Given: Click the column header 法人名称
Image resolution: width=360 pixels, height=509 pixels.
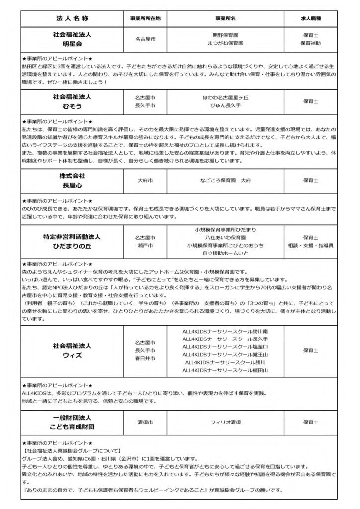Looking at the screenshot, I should (x=72, y=18).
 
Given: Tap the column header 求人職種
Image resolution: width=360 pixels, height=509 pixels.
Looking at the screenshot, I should (x=311, y=18).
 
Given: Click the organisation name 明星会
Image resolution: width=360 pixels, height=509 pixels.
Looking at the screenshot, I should (x=72, y=43).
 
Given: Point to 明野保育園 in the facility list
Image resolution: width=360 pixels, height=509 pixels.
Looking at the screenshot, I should (x=226, y=35).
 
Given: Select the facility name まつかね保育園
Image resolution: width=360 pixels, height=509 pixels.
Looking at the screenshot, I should (x=226, y=43).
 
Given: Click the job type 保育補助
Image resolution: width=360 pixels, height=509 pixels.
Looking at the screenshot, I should (x=311, y=43).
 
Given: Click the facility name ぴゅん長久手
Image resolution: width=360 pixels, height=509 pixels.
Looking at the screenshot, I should (x=226, y=106).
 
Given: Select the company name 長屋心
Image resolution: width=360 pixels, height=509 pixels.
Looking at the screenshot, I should (x=72, y=185).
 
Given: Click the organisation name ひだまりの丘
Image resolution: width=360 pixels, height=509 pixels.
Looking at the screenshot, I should (x=72, y=246).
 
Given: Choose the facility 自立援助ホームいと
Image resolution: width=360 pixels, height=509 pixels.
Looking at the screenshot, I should (x=226, y=253).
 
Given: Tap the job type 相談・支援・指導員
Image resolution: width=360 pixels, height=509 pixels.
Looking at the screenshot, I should (x=311, y=246).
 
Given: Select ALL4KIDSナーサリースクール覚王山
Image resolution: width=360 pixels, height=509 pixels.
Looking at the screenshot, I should (x=226, y=354).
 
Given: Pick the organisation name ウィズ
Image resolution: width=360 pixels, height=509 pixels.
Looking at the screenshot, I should (x=72, y=355).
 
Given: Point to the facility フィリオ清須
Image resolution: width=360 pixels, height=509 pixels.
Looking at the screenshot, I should (x=226, y=422).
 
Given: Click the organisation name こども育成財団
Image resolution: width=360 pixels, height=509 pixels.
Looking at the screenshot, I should (x=72, y=426).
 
